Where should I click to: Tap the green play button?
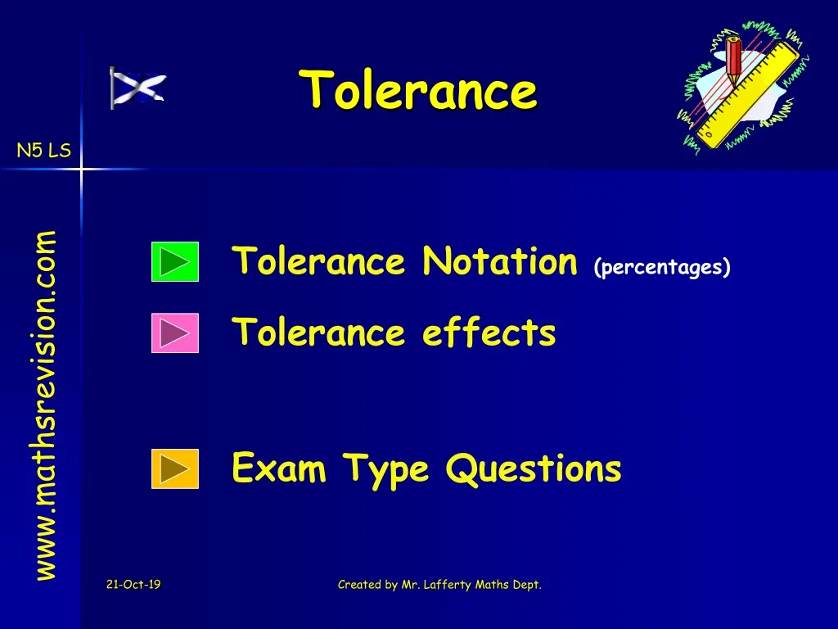[175, 262]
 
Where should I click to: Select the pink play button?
[175, 333]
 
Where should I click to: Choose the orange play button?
[175, 468]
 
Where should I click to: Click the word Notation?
[500, 262]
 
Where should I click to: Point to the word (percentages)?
[663, 268]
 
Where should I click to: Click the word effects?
[489, 333]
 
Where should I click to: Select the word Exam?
[279, 468]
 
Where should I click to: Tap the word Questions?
[533, 468]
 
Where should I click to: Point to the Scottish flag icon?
[137, 88]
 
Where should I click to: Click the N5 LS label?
[44, 151]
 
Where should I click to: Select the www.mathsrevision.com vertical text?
[46, 405]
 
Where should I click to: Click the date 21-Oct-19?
[133, 584]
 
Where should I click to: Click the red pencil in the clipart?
[733, 61]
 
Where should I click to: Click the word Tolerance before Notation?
[319, 262]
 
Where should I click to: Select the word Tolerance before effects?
[319, 333]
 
